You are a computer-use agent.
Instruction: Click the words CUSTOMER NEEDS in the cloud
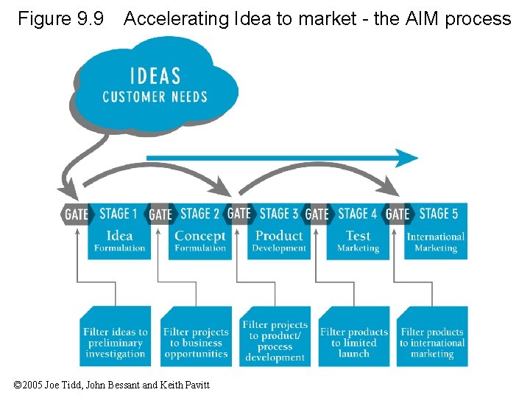[155, 97]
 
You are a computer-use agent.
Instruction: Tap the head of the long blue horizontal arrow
[407, 158]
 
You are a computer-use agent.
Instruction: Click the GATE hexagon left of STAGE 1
[75, 214]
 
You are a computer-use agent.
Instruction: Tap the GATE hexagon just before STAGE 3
[239, 214]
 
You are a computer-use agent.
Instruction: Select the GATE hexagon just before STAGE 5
[397, 214]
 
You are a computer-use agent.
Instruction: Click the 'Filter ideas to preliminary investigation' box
[115, 338]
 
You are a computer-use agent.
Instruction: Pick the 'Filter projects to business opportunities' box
[196, 338]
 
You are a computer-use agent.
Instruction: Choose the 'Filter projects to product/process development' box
[275, 338]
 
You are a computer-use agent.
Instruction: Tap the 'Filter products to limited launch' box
[354, 338]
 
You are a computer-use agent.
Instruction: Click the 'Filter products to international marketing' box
[432, 338]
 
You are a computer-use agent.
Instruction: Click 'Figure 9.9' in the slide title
[61, 18]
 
